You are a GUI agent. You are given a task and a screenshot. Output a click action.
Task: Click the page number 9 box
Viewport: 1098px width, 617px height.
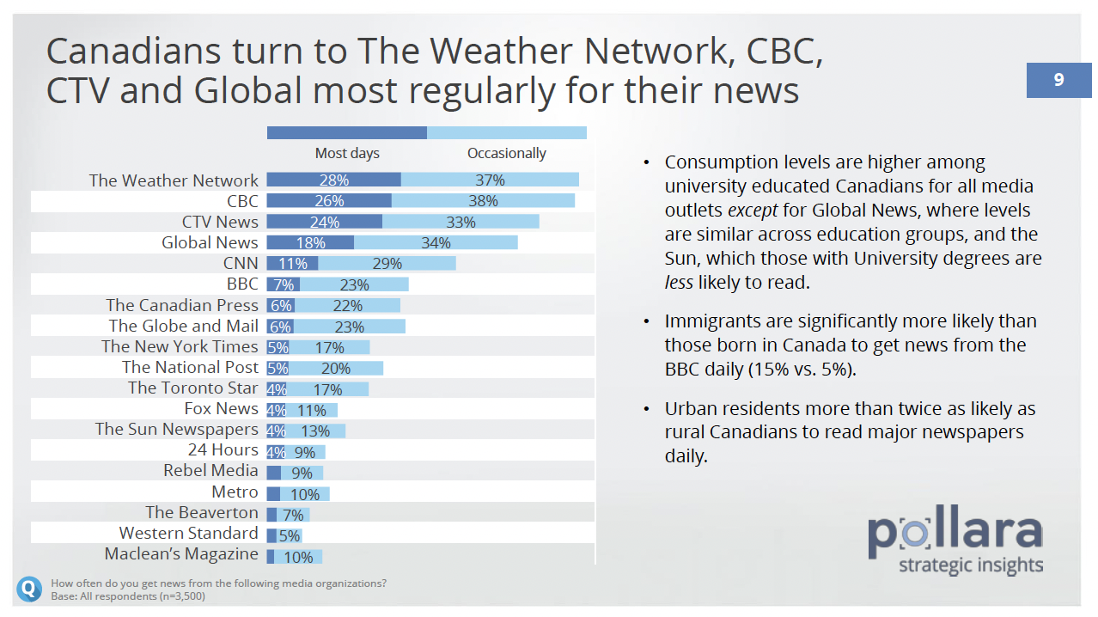1058,80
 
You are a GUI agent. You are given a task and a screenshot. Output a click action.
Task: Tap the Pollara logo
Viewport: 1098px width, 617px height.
955,542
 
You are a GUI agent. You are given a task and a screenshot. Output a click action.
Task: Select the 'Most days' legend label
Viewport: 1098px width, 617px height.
347,153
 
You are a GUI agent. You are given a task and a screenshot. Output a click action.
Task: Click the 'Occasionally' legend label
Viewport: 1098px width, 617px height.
506,153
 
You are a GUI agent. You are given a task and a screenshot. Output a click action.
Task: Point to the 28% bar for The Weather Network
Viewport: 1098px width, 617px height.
333,180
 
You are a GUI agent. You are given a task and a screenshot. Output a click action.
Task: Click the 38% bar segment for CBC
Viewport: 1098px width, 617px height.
483,200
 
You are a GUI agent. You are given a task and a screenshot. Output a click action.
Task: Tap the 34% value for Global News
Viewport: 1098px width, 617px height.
436,242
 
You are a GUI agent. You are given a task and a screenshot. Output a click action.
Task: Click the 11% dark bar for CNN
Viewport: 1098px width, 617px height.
292,263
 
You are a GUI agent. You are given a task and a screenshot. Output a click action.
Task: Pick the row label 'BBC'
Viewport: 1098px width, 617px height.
242,284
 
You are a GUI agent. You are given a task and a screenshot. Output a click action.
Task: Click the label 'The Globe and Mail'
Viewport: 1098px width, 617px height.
183,326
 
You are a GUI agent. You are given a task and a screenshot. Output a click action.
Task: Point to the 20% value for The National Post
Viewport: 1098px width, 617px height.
336,368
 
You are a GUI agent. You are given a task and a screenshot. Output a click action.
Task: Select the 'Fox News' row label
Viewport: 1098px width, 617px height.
221,408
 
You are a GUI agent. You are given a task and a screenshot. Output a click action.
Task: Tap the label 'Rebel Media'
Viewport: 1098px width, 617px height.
210,470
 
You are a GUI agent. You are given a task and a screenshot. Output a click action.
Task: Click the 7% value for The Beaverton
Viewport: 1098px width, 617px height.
293,515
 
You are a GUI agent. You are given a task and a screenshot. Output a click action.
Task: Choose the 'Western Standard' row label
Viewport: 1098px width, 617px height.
188,533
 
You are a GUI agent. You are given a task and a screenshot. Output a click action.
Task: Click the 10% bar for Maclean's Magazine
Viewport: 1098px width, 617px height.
298,557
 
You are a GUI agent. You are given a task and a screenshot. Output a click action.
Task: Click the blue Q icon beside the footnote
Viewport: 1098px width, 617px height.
28,589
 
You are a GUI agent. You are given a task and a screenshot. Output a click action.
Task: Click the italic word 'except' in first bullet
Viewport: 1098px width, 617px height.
750,210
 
